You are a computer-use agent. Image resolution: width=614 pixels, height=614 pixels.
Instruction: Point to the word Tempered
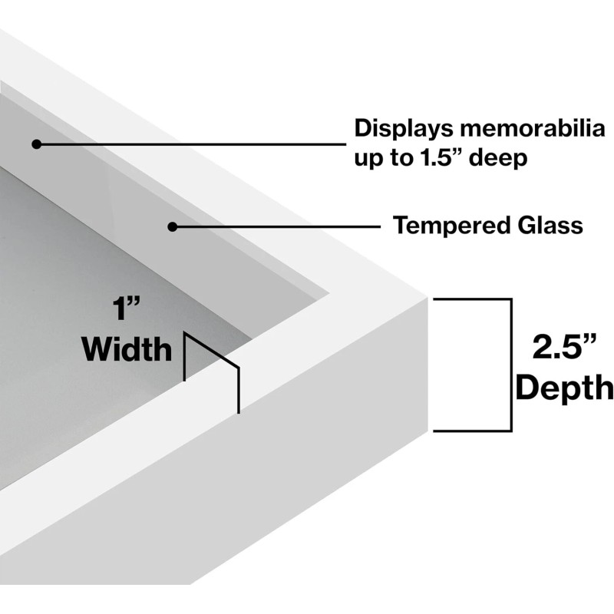(448, 226)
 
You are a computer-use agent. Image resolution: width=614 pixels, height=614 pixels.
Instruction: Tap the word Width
(127, 350)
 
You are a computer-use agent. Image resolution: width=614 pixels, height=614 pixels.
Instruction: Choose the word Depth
(565, 388)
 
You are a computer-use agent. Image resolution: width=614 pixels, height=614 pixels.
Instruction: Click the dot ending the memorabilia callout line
(36, 144)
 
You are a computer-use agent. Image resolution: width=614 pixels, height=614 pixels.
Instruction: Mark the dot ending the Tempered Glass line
(173, 226)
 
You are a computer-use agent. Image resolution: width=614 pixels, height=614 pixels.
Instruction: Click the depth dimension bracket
(510, 365)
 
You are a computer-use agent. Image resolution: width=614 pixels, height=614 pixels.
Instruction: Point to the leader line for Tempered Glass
(276, 226)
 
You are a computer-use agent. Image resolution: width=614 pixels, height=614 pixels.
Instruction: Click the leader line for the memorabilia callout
(192, 144)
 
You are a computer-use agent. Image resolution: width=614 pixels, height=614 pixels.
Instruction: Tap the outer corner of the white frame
(427, 296)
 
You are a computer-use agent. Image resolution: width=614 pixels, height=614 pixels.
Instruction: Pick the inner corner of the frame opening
(330, 292)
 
